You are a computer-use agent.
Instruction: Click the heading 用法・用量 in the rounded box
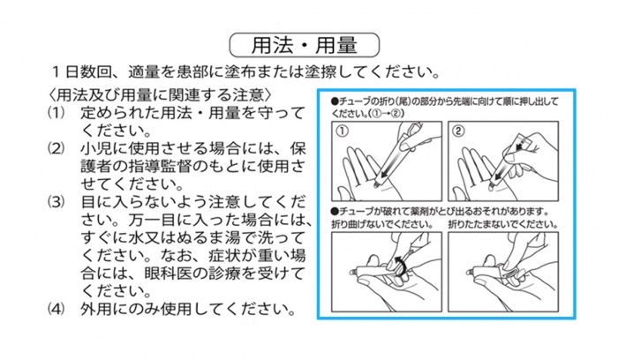click(305, 45)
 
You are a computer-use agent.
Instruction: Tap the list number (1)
click(56, 114)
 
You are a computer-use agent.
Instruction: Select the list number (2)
click(56, 149)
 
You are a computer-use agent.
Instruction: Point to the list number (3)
click(56, 202)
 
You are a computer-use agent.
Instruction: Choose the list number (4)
click(56, 309)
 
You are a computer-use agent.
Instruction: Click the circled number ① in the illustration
click(343, 131)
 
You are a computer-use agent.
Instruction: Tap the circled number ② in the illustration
click(458, 131)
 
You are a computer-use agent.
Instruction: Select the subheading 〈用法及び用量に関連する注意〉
click(160, 95)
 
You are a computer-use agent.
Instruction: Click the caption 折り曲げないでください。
click(382, 224)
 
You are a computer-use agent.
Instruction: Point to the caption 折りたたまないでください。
click(503, 224)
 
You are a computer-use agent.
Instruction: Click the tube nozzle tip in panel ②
click(492, 184)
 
